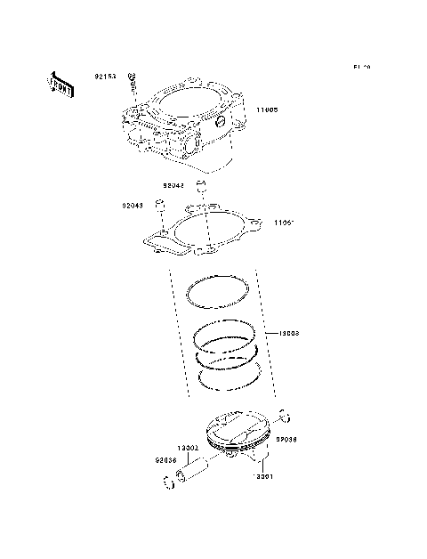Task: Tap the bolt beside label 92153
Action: [x=131, y=87]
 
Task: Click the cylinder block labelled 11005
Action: [x=182, y=129]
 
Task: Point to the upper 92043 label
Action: [x=173, y=186]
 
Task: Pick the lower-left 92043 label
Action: [x=133, y=206]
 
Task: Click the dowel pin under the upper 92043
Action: [x=202, y=190]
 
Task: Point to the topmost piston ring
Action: [x=218, y=288]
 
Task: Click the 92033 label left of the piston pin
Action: [x=165, y=460]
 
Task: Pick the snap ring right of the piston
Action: [x=283, y=413]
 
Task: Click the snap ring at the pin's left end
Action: [x=169, y=485]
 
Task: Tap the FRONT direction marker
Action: [x=59, y=83]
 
